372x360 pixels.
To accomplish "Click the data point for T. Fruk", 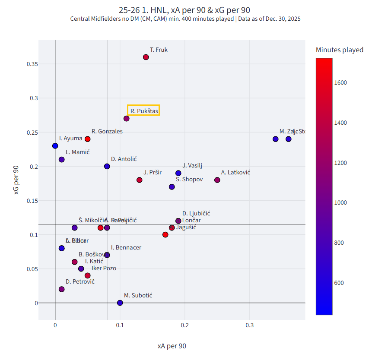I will pos(146,57).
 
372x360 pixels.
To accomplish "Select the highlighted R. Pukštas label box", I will pos(143,111).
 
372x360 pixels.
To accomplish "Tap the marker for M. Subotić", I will pos(120,303).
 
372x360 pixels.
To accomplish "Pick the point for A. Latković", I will pos(217,180).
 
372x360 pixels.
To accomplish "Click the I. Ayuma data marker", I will pos(55,146).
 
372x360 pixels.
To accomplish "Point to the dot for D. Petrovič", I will pos(62,289).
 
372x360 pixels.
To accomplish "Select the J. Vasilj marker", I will pos(178,173).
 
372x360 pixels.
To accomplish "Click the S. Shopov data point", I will pos(172,187).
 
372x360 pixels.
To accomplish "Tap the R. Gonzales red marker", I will pos(88,139).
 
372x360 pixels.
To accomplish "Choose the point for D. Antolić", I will pos(107,166).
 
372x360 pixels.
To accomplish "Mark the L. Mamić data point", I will pos(62,160).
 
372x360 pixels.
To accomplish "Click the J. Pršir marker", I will pos(139,180).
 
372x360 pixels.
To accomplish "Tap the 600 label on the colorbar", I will pos(340,283).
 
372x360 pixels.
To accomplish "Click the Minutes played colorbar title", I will pos(339,50).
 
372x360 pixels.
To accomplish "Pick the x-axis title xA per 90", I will pos(172,346).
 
